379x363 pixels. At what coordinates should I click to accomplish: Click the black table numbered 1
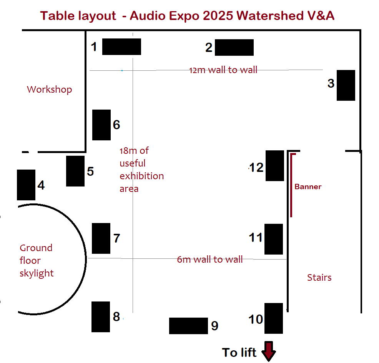pos(121,47)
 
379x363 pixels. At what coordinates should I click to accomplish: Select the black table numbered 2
pos(234,47)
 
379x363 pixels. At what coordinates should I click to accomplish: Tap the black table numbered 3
pos(346,85)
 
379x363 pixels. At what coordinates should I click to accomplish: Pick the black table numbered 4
pos(26,185)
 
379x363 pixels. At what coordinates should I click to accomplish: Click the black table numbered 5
pos(75,171)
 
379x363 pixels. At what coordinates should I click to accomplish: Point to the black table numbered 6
pos(101,125)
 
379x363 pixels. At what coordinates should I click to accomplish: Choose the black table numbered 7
pos(101,238)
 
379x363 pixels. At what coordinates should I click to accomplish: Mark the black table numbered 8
pos(101,317)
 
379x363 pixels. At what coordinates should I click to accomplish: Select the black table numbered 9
pos(188,326)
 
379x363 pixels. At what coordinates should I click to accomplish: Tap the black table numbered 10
pos(274,318)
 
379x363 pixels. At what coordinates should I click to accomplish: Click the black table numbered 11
pos(274,239)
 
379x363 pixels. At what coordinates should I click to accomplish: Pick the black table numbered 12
pos(275,166)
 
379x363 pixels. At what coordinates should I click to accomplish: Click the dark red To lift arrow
pos(268,351)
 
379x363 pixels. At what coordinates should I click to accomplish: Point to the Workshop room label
pos(49,90)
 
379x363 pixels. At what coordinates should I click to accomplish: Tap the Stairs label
pos(319,277)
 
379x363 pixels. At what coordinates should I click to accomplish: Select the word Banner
pos(308,187)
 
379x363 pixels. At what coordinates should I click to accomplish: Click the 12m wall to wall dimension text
pos(223,70)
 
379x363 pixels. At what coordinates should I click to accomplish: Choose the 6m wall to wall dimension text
pos(210,260)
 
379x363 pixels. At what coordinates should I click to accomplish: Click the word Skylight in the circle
pos(37,273)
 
